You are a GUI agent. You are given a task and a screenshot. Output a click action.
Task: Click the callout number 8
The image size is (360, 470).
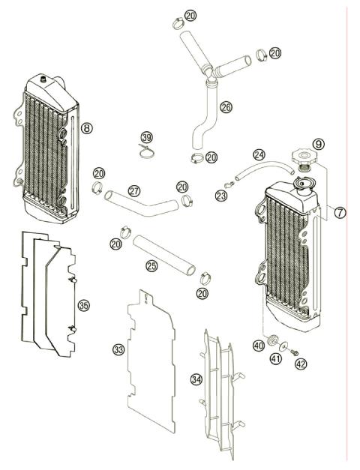point(87,129)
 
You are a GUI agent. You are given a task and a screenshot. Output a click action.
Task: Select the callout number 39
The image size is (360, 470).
point(147,137)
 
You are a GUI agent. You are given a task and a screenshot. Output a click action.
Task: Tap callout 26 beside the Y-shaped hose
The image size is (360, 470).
point(226,107)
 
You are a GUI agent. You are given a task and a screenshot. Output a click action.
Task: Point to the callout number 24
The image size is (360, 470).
point(259,155)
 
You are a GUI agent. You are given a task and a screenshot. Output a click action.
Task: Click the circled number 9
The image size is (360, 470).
point(319,142)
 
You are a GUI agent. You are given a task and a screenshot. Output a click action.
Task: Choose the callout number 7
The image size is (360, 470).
point(340,212)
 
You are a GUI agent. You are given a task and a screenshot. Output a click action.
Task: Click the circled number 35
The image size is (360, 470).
point(84,305)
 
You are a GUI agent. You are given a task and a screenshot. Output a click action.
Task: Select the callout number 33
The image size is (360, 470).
point(118,350)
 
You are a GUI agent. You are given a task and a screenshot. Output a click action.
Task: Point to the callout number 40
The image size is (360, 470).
point(258,346)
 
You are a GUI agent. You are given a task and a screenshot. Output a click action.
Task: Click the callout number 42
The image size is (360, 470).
point(301,364)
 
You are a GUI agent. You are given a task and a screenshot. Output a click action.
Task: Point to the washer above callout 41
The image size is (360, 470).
point(282,346)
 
